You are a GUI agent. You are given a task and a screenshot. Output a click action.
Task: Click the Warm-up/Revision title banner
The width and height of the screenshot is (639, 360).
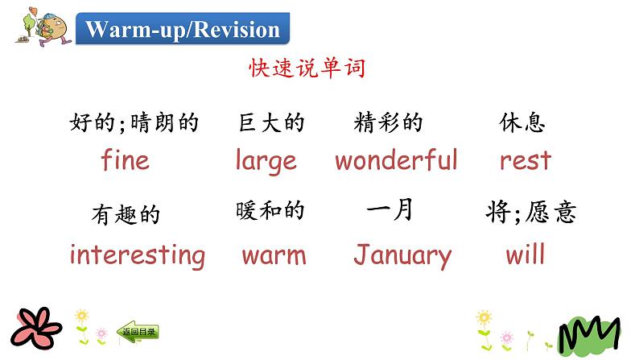pos(183,30)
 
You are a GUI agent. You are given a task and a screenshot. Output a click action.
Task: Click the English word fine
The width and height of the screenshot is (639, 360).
pos(125,160)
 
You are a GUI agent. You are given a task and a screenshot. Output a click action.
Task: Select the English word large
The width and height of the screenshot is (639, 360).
pos(266,161)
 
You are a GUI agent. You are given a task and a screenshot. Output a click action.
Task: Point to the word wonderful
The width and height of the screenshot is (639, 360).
pos(396,160)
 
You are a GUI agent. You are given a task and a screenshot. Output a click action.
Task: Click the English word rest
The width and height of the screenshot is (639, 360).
pos(525,160)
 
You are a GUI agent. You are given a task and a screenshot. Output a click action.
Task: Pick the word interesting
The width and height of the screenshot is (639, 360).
pos(137,256)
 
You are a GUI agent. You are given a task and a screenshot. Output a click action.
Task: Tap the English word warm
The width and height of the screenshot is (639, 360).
pos(274,257)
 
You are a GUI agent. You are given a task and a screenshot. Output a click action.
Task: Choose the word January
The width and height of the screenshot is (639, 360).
pos(402,256)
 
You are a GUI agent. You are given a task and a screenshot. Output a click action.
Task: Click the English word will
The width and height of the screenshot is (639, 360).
pos(525,255)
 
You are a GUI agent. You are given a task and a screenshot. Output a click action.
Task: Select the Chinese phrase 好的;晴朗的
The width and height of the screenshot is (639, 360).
pos(134,123)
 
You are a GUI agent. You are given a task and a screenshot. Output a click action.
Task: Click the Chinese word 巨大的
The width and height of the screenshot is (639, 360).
pos(271,123)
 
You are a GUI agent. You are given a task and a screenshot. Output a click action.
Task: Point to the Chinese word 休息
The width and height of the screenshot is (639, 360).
pos(522,123)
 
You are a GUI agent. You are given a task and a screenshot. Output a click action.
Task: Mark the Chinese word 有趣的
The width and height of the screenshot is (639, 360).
pos(126,215)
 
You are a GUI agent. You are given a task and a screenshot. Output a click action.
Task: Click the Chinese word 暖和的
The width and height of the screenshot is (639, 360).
pos(270,211)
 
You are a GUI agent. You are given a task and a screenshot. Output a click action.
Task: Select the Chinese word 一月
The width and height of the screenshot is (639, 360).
pos(390,210)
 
